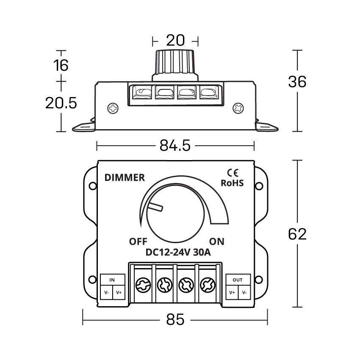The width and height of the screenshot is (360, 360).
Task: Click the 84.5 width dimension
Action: pyautogui.click(x=174, y=146)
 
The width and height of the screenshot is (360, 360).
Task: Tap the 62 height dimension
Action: pyautogui.click(x=297, y=234)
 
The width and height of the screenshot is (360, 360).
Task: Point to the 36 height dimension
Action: pyautogui.click(x=297, y=81)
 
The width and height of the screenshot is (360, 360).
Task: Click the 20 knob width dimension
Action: pyautogui.click(x=175, y=41)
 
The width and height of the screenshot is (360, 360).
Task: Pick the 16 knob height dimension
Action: pyautogui.click(x=61, y=65)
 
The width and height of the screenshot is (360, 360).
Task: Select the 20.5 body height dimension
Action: pyautogui.click(x=61, y=102)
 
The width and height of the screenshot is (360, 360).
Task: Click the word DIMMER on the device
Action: pyautogui.click(x=125, y=177)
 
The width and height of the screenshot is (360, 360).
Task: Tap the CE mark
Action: pyautogui.click(x=233, y=172)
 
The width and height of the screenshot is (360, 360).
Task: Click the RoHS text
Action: pyautogui.click(x=233, y=183)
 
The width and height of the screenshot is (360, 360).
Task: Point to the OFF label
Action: pyautogui.click(x=138, y=242)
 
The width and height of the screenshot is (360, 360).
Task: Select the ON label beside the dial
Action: pyautogui.click(x=216, y=242)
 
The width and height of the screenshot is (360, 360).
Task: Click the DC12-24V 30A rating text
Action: pyautogui.click(x=178, y=253)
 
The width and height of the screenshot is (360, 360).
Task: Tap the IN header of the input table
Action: pyautogui.click(x=112, y=280)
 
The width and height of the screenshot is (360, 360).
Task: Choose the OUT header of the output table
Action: pyautogui.click(x=238, y=280)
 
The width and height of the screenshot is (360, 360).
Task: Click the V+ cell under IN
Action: pyautogui.click(x=119, y=293)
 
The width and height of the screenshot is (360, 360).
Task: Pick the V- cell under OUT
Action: pyautogui.click(x=244, y=293)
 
